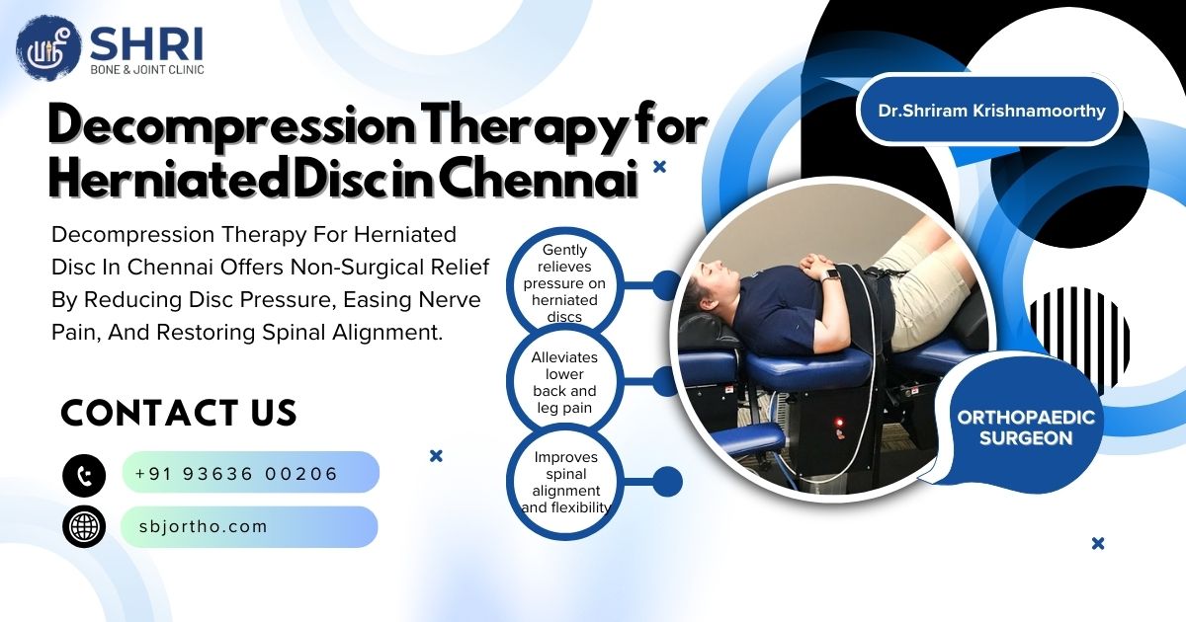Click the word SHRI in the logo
(146, 43)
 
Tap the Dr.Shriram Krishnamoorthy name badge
(991, 111)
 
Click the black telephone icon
(84, 475)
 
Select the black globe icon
(84, 526)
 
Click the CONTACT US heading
(179, 413)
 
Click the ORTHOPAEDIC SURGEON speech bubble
(1026, 428)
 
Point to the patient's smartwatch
(832, 274)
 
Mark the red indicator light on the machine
(841, 423)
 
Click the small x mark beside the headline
(660, 167)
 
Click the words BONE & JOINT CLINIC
(146, 69)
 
